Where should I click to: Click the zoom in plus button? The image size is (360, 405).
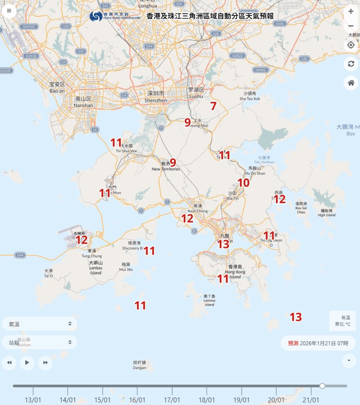click(351, 12)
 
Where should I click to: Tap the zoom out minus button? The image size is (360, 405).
click(351, 26)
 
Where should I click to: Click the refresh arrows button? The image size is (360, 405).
click(351, 64)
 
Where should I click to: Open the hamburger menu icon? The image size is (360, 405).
click(9, 11)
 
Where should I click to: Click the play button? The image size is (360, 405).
click(27, 363)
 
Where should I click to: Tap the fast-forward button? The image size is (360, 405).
click(45, 363)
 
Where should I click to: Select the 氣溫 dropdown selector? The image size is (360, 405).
click(39, 324)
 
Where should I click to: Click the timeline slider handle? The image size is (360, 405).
click(322, 386)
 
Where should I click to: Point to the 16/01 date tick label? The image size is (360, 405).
click(137, 400)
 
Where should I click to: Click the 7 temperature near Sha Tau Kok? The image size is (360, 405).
click(213, 106)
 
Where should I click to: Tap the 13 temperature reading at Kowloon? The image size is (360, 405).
click(223, 243)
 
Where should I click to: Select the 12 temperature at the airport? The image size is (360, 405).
click(81, 240)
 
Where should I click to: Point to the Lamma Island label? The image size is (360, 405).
click(209, 301)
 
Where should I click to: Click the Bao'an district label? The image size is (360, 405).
click(57, 87)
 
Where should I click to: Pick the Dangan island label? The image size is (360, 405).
click(139, 365)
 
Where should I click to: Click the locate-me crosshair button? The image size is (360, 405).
click(351, 45)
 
